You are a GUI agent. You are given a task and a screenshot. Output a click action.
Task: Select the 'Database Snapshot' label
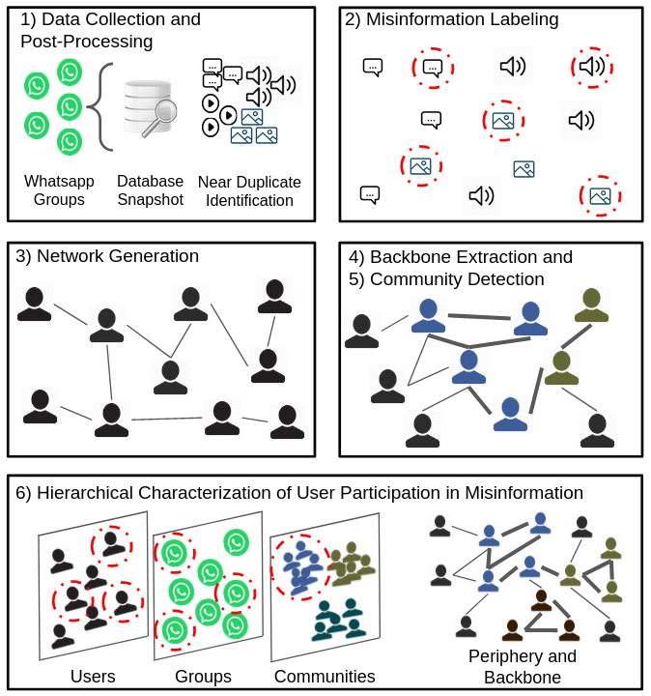[x=150, y=190]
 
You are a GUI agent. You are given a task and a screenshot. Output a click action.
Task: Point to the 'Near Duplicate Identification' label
[x=249, y=190]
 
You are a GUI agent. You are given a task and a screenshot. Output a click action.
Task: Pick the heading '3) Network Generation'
[x=107, y=256]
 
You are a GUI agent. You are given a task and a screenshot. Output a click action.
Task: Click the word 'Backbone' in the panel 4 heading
[x=415, y=257]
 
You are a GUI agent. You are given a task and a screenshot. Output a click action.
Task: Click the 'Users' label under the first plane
[x=93, y=676]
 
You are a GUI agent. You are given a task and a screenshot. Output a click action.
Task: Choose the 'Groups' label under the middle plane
[x=203, y=676]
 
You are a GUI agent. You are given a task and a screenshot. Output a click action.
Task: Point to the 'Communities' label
[x=325, y=676]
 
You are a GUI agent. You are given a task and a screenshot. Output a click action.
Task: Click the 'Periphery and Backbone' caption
[x=522, y=667]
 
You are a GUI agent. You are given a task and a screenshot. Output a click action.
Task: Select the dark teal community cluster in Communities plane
[x=337, y=620]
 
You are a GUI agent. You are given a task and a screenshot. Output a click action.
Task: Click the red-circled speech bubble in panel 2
[x=433, y=68]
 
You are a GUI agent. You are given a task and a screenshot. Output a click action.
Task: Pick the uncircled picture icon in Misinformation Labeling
[x=524, y=169]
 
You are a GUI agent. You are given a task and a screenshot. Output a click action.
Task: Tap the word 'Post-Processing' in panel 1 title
[x=87, y=41]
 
